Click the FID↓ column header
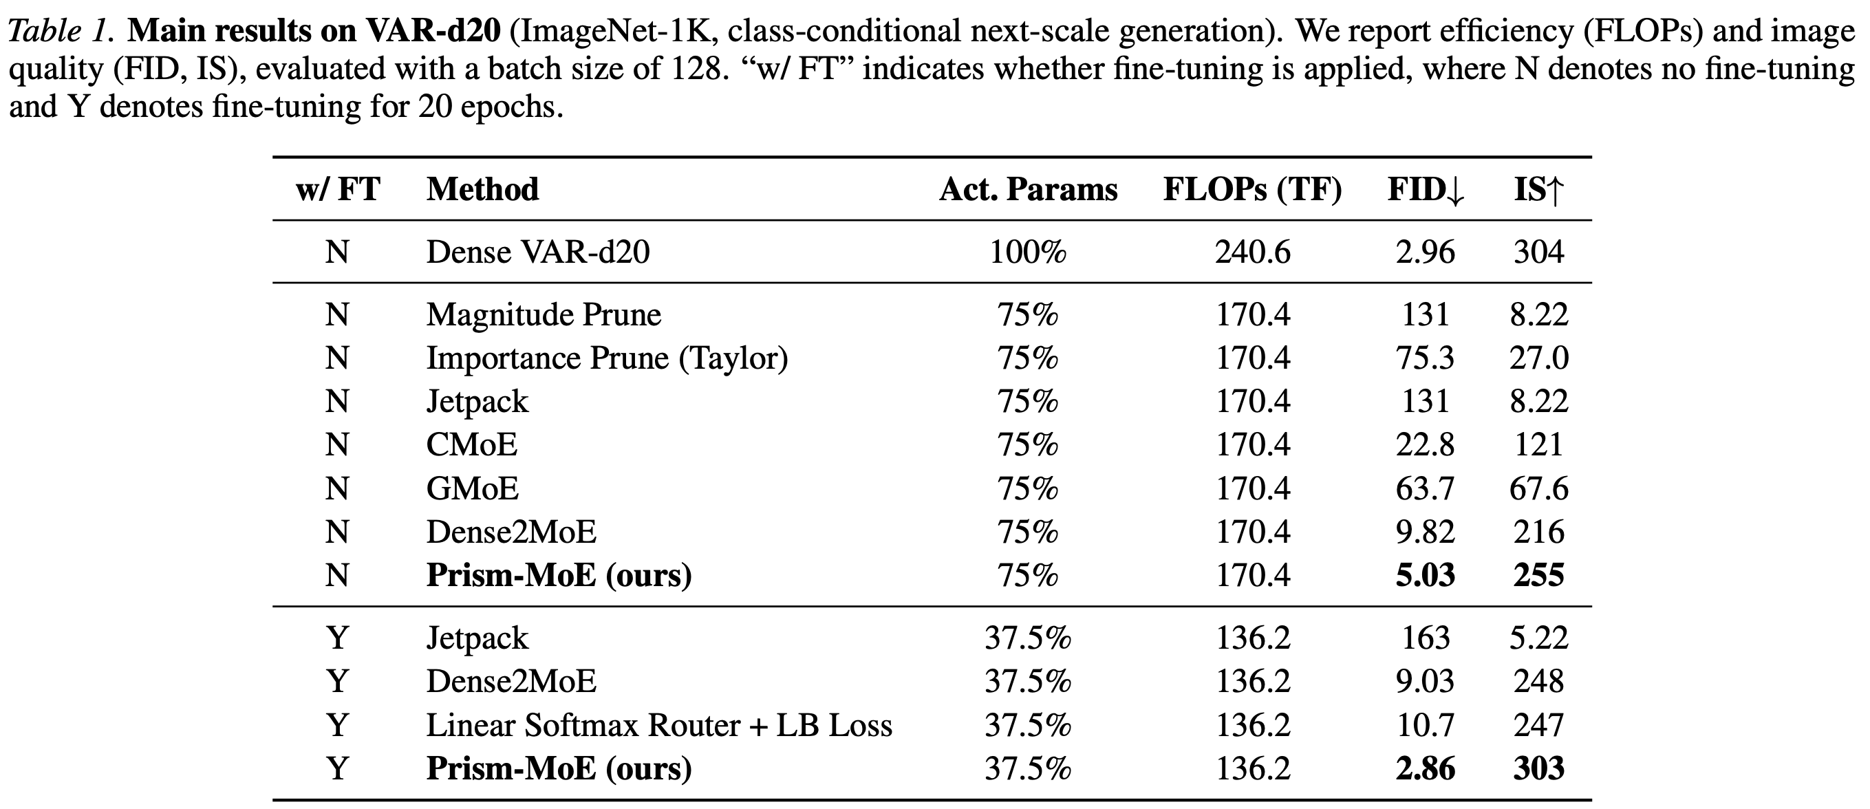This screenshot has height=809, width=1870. (1426, 190)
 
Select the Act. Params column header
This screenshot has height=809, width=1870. (1028, 190)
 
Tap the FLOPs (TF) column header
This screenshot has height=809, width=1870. (1252, 190)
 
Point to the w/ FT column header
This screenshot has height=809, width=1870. (338, 190)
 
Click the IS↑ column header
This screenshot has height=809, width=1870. (1539, 190)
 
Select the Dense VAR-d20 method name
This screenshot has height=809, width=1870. (538, 252)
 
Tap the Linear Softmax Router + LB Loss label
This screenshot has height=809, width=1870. (659, 726)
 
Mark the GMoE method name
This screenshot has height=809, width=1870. (473, 488)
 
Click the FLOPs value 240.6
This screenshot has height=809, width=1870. (1253, 252)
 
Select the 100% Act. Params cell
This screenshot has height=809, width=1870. (1028, 252)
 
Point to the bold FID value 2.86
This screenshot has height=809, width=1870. (1426, 769)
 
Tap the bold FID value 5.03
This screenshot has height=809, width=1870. (1426, 576)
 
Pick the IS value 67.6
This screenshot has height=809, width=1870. (1539, 488)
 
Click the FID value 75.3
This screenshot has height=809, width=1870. (1426, 358)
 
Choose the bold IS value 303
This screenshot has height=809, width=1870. (1539, 769)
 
